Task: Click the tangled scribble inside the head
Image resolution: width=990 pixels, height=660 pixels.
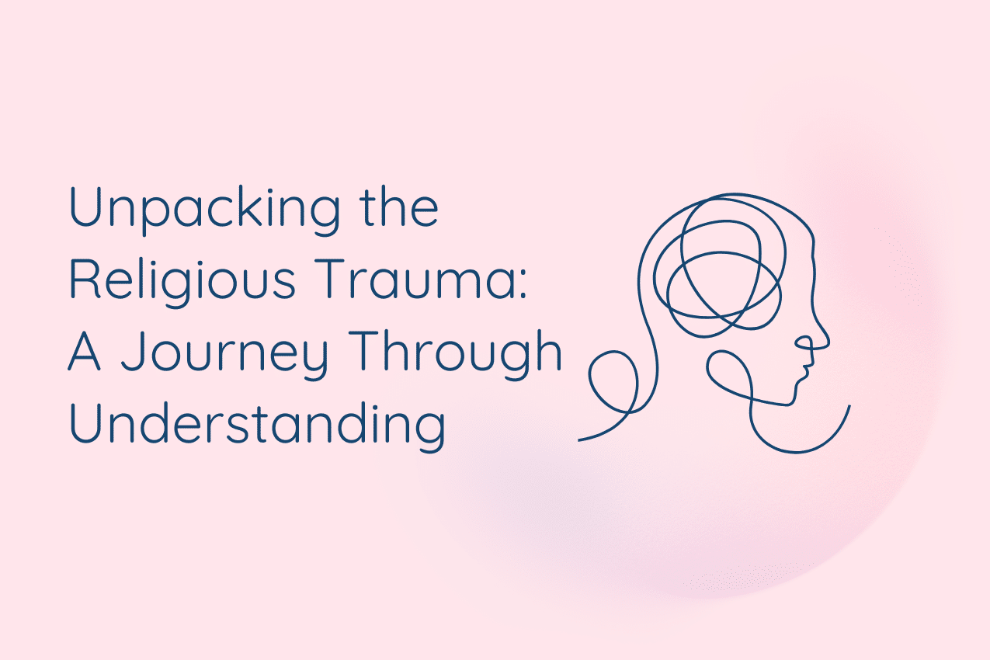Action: (x=718, y=264)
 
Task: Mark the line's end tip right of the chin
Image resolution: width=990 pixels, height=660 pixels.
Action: (x=849, y=405)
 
